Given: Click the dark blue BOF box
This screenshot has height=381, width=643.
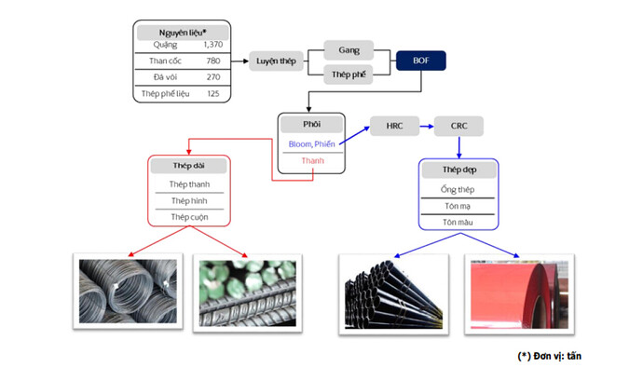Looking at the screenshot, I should coord(420,62).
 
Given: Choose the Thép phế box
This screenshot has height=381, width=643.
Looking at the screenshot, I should coord(349,75).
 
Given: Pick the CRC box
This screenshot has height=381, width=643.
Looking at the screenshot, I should coord(458,124).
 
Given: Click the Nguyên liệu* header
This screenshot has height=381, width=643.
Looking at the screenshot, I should coord(183,32).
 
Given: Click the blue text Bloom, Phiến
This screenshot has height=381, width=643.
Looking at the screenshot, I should coord(311,143).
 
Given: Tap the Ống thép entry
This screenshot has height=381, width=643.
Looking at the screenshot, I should coord(458,189).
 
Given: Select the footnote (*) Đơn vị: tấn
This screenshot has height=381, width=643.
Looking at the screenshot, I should coord(549,356).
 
